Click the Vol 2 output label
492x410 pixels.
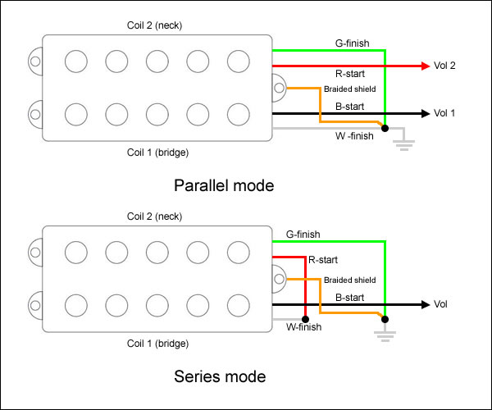pos(444,66)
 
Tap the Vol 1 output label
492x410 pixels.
pos(444,113)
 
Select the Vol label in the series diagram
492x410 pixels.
pos(442,304)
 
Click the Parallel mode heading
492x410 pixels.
pos(224,185)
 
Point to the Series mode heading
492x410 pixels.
pos(220,377)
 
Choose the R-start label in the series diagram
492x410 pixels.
pos(322,260)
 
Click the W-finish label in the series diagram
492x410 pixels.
pos(303,327)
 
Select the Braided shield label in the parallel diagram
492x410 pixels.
pos(350,89)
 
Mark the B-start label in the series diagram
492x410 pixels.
pos(350,297)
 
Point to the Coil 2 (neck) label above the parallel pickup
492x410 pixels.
pos(154,25)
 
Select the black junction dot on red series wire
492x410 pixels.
pos(304,317)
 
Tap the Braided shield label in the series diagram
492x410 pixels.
pos(350,280)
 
